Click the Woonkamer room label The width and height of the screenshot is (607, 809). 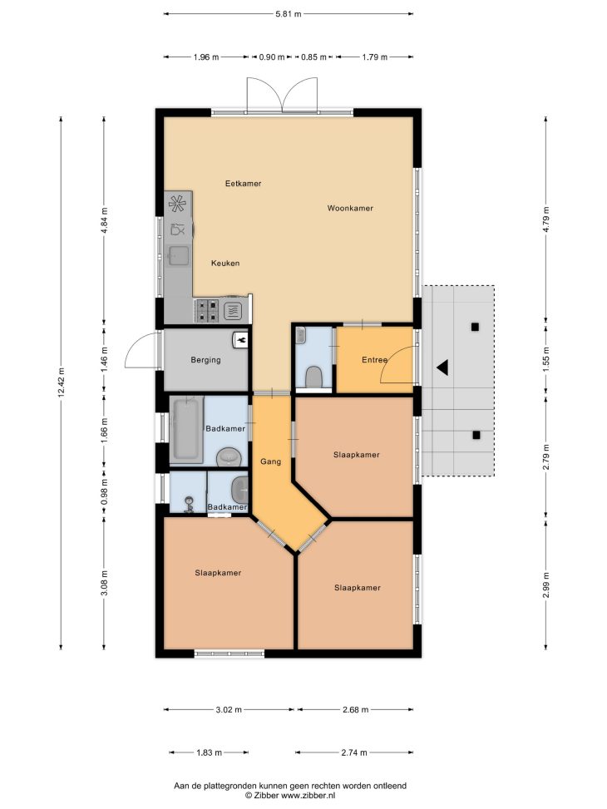tap(350, 209)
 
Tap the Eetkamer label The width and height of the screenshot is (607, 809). tap(243, 183)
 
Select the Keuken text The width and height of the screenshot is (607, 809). tap(225, 263)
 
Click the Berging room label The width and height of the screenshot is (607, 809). tap(205, 360)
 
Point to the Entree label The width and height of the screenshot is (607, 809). tap(374, 360)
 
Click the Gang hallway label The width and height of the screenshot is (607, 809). tap(270, 461)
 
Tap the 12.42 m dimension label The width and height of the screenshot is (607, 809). tap(61, 382)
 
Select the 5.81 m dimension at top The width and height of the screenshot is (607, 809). tap(289, 14)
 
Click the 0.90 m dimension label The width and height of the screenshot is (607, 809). tap(272, 57)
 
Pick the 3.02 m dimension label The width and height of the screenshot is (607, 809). tap(229, 709)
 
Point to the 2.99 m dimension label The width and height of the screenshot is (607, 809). tap(546, 585)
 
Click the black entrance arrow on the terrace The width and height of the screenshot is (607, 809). tap(442, 368)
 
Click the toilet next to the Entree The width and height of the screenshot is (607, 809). tap(313, 377)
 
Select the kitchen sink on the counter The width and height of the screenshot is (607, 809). tap(179, 256)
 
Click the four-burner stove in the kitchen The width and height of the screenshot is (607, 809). tap(207, 311)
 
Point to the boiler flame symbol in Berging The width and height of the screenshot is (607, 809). tap(240, 339)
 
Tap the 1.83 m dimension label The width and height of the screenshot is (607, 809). tap(209, 752)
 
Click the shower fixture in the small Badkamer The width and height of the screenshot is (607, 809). tap(190, 504)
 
